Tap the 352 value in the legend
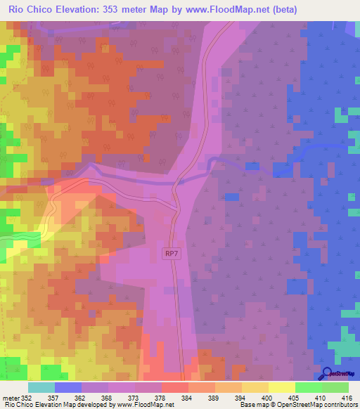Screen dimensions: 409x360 [x=27, y=397]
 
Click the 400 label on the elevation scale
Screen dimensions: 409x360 [x=267, y=397]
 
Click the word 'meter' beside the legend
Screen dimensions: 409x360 [x=11, y=397]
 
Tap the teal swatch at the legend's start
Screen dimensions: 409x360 [x=41, y=387]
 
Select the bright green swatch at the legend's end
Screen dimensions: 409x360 [x=335, y=387]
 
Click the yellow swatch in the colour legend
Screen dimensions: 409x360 [x=281, y=387]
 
